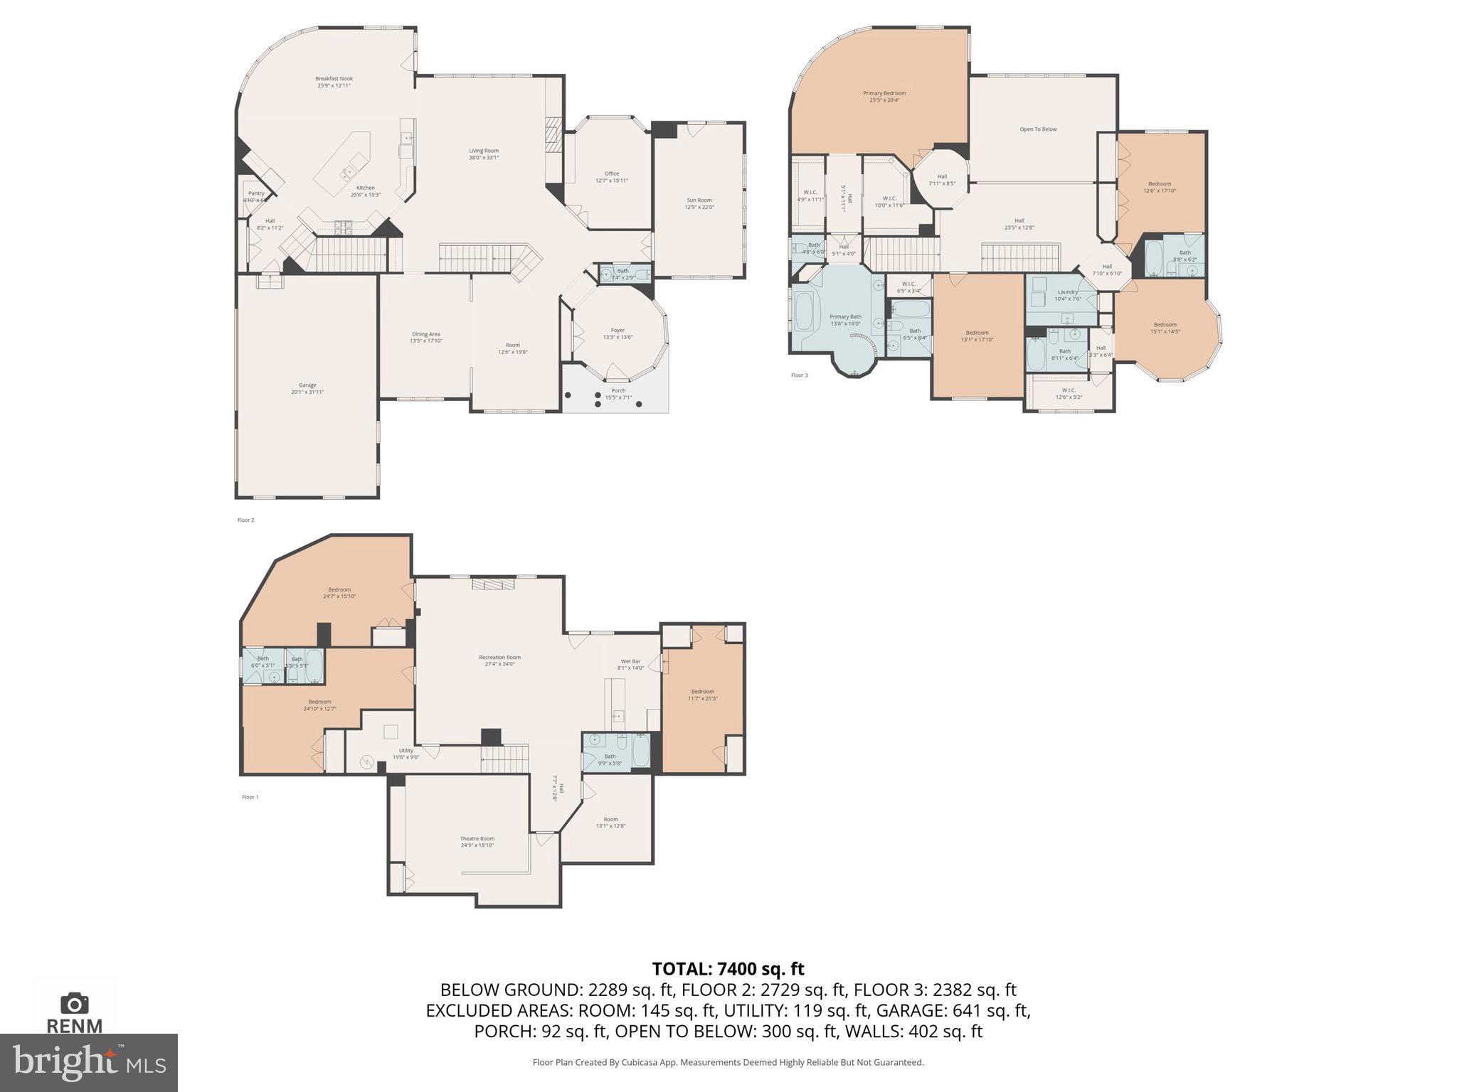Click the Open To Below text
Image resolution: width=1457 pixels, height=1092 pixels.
pos(1038,129)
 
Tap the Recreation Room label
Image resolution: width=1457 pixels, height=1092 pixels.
pos(499,660)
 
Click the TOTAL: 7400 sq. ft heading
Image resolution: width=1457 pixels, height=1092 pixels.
pos(728,968)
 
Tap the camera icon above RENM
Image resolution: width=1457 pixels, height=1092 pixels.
pos(74,1003)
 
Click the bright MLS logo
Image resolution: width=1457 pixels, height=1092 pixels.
pos(88,1062)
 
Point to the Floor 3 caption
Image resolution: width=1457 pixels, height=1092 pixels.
pos(799,375)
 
